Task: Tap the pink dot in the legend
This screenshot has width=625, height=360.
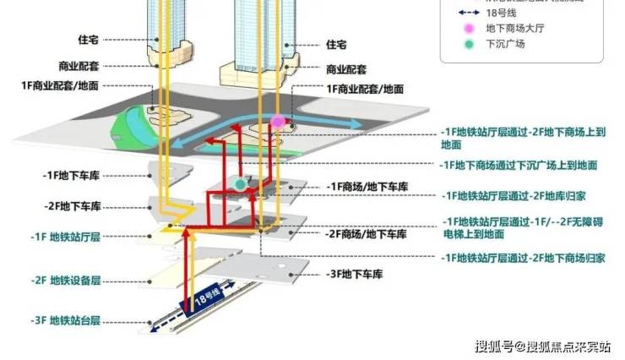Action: (x=466, y=28)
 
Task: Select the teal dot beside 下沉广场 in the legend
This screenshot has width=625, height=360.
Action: (x=466, y=44)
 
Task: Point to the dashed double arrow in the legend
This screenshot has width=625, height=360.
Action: (x=465, y=13)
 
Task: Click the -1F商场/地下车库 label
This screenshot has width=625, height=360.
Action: (x=367, y=186)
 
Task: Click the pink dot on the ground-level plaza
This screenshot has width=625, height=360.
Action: (x=278, y=122)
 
